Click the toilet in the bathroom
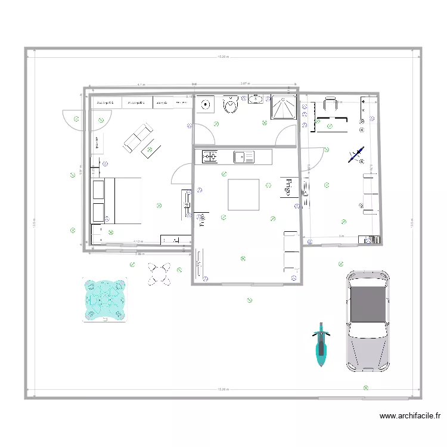point(230,106)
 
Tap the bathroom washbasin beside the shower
point(256,98)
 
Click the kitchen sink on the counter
point(242,157)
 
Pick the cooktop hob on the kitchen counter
point(210,157)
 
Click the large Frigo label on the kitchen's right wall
point(288,187)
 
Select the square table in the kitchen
point(243,194)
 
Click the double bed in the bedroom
point(117,200)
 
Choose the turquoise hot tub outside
point(105,300)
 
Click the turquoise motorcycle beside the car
point(321,346)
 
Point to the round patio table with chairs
point(159,274)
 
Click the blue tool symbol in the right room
point(356,154)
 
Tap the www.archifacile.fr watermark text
point(409,416)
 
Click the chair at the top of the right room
point(330,104)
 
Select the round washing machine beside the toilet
point(206,105)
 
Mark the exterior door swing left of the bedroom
point(71,117)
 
